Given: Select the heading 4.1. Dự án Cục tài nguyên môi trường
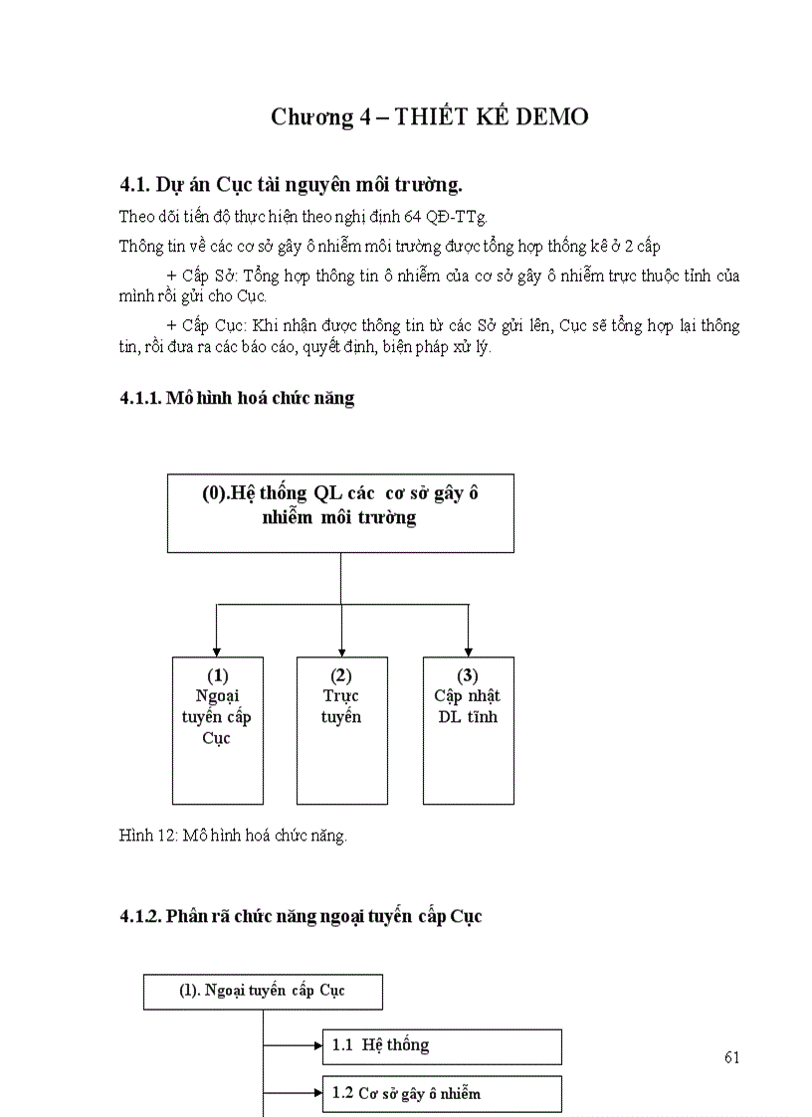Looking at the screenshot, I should coord(291,184).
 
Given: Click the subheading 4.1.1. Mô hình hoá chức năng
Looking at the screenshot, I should coord(236,398).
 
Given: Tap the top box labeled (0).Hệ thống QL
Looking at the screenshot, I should coord(340,513).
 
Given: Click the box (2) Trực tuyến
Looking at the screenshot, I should coord(341,729).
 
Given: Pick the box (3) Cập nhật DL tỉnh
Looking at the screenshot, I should coord(468,729).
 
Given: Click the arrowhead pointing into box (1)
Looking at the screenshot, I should coord(217,648).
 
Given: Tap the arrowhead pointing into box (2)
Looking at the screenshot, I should coord(341,648).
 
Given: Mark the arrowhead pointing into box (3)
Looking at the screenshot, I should coord(468,648).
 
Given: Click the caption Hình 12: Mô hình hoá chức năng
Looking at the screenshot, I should coord(233,836).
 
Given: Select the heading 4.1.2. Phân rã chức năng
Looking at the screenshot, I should coord(300,916).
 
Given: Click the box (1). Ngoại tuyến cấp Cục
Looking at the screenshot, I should coord(263,992).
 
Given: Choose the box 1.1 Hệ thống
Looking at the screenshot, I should coord(442,1046).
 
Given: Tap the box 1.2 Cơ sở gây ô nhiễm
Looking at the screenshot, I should coord(442,1094).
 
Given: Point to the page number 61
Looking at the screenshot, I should coord(732,1057).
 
